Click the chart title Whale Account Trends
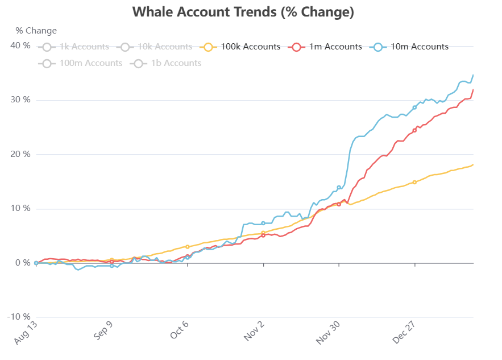(x=243, y=12)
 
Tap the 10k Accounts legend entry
(x=156, y=47)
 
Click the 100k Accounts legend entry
(x=242, y=47)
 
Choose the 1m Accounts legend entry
(x=325, y=47)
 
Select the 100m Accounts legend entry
(x=82, y=63)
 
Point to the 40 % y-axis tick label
(x=21, y=45)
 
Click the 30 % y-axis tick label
(x=21, y=100)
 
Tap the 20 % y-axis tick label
(x=21, y=154)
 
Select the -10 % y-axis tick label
(x=19, y=317)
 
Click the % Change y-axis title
(x=36, y=31)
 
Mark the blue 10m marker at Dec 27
(x=414, y=107)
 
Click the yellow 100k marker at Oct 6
(x=188, y=247)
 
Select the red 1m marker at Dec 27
(x=414, y=131)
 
